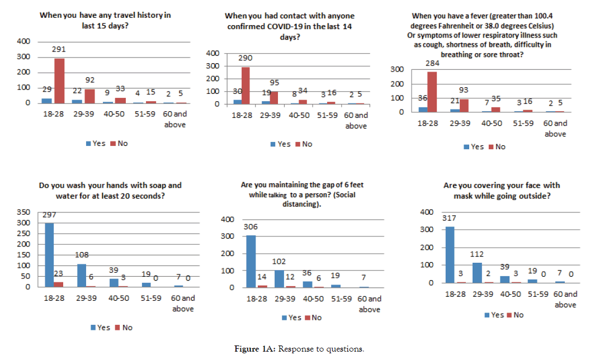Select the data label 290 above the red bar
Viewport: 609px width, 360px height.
click(x=246, y=58)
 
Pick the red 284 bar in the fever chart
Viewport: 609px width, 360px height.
click(x=432, y=92)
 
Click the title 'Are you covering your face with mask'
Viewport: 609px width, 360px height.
click(x=494, y=191)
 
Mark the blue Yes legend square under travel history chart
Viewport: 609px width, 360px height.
click(x=87, y=143)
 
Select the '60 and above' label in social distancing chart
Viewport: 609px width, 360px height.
click(x=370, y=304)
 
